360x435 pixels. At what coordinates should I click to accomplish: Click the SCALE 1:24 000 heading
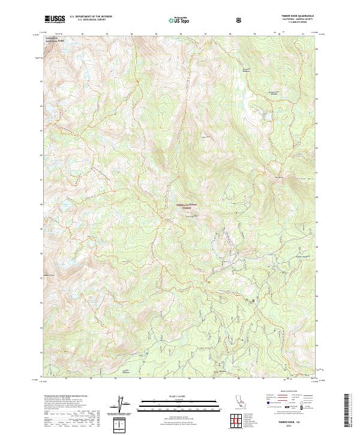170,395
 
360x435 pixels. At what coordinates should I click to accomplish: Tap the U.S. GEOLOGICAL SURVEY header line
88,21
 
